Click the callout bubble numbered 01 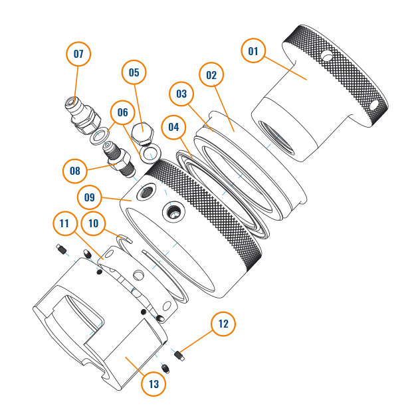[253, 51]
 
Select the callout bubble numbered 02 [211, 74]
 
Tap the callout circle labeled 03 [181, 94]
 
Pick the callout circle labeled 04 [174, 127]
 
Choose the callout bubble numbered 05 [134, 72]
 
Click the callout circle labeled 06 [123, 112]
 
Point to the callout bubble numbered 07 [78, 54]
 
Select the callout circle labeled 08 [75, 171]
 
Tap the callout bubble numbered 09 [90, 197]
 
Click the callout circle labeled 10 [93, 223]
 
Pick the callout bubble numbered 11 [64, 223]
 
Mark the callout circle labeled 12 [223, 324]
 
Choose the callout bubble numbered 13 [154, 384]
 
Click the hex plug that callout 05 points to [143, 133]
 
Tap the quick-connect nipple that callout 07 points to [82, 116]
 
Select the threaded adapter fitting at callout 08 [119, 159]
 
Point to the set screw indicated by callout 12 [179, 356]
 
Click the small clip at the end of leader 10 [125, 238]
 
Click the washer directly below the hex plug [151, 154]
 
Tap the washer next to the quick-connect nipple [99, 136]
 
